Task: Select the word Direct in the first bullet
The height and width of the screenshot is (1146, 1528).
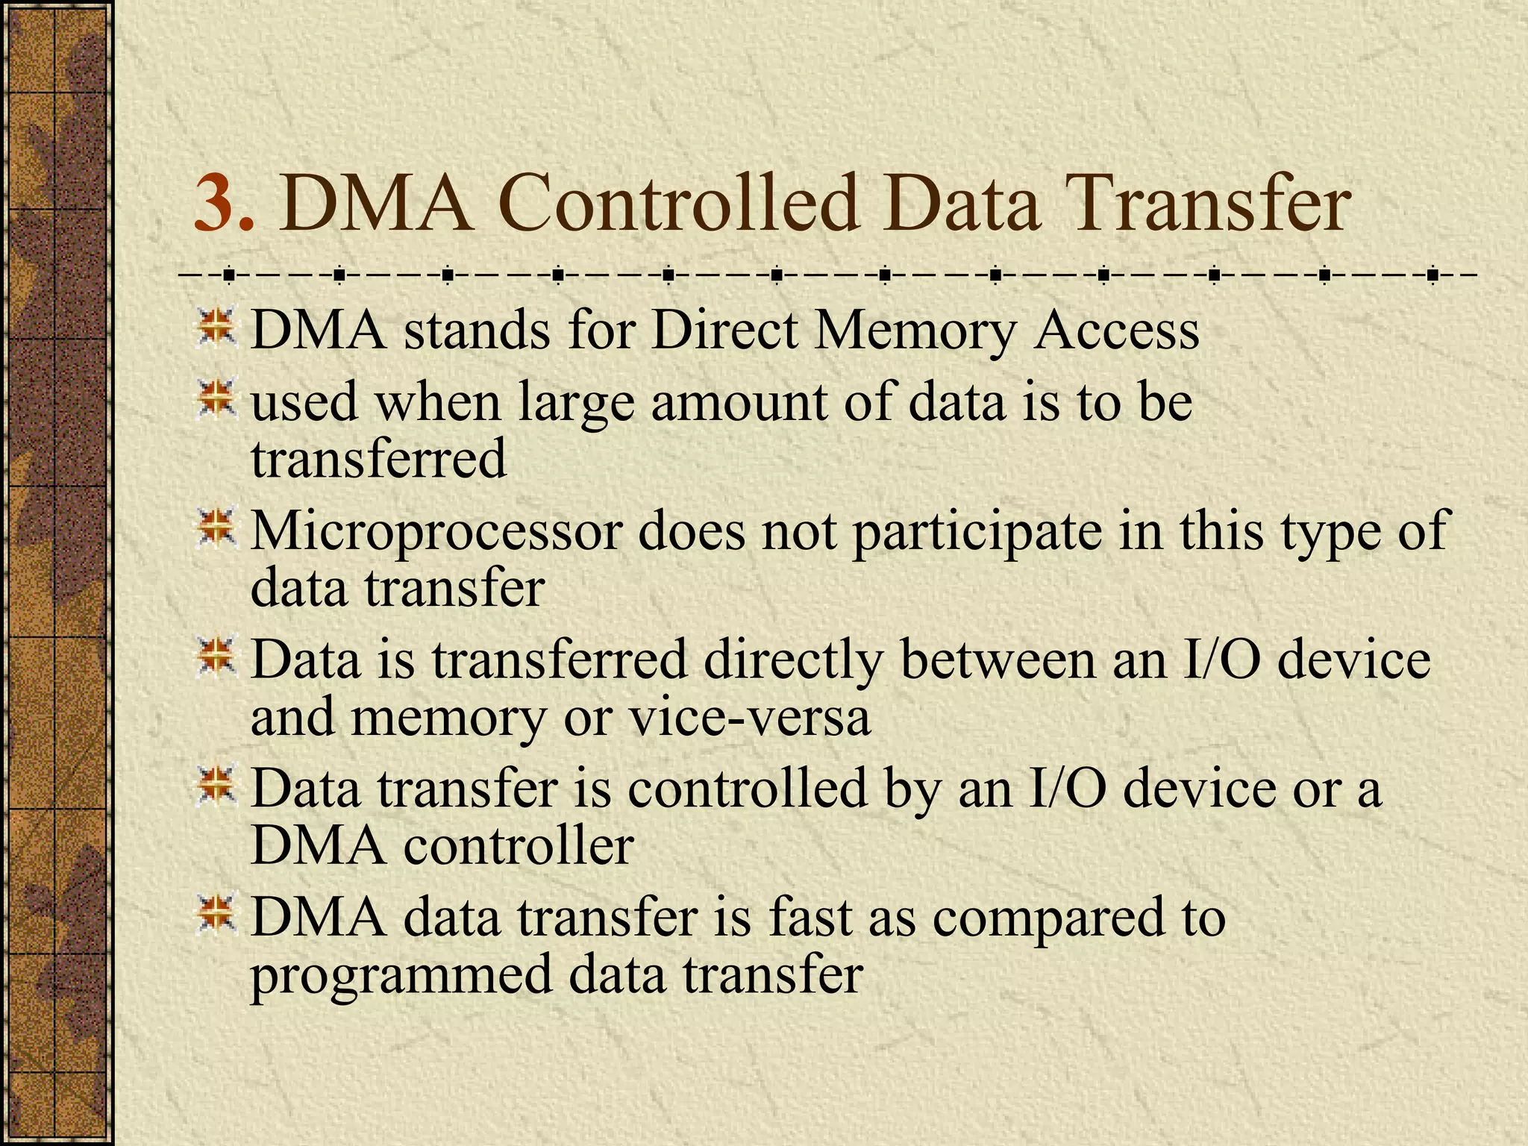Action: point(724,330)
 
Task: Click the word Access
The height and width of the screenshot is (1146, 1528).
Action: point(1116,330)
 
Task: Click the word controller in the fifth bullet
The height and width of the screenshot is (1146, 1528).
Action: point(519,846)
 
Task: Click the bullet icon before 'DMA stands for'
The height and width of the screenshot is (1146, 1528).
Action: point(216,327)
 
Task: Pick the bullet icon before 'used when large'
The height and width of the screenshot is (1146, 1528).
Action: point(216,398)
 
